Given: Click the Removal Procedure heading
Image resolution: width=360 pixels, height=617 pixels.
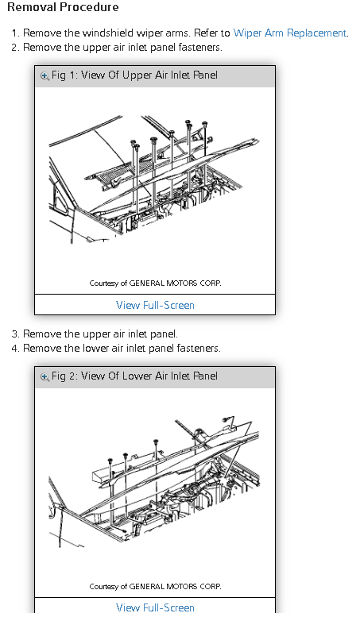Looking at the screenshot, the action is click(x=63, y=7).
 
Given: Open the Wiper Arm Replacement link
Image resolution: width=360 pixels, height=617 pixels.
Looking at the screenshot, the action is click(x=290, y=33).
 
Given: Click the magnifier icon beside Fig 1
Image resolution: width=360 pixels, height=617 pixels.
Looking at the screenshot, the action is click(x=45, y=75).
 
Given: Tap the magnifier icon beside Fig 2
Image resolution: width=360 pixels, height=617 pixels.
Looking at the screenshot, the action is click(x=45, y=376).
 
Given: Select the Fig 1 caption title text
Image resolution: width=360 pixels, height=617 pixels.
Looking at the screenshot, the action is click(x=134, y=75).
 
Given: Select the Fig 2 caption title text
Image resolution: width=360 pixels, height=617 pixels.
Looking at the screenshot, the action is click(x=134, y=376).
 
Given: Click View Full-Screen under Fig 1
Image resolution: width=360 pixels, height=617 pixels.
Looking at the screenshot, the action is click(x=155, y=305).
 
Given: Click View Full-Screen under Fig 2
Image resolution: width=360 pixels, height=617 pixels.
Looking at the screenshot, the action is click(x=155, y=607).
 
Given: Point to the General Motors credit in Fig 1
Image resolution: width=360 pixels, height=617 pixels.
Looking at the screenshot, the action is click(x=155, y=283).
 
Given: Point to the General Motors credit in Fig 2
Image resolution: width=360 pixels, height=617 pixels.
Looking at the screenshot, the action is click(x=155, y=586).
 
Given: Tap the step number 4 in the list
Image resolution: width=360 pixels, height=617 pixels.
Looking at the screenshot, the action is click(x=15, y=349).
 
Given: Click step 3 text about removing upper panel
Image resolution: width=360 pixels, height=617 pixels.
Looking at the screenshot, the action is click(x=100, y=334).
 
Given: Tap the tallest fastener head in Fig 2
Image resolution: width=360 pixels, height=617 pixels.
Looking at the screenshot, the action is click(x=156, y=442).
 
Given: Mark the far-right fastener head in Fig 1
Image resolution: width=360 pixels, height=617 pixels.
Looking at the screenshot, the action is click(x=204, y=125).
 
